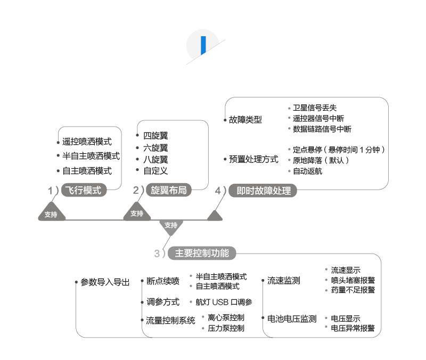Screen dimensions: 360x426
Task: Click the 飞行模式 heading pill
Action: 83,190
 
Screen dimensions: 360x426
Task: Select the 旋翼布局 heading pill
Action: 169,190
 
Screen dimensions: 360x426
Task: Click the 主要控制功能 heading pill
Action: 202,253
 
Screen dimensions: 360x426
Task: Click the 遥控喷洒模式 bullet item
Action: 87,142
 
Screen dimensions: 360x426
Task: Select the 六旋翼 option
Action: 155,148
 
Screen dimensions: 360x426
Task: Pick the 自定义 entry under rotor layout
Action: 155,171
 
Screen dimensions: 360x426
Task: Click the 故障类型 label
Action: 245,120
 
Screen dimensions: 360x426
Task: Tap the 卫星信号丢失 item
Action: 315,108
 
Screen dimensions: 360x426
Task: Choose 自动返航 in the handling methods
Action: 307,171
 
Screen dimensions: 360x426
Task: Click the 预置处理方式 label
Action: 253,159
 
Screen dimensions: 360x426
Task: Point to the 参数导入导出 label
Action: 105,282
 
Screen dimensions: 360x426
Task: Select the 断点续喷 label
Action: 163,281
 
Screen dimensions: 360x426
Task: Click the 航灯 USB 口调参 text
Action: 224,302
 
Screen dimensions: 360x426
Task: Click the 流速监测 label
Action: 283,281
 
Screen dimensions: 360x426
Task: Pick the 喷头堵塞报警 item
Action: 353,280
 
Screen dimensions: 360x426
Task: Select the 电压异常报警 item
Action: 353,328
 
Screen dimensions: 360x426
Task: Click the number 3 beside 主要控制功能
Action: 157,253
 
